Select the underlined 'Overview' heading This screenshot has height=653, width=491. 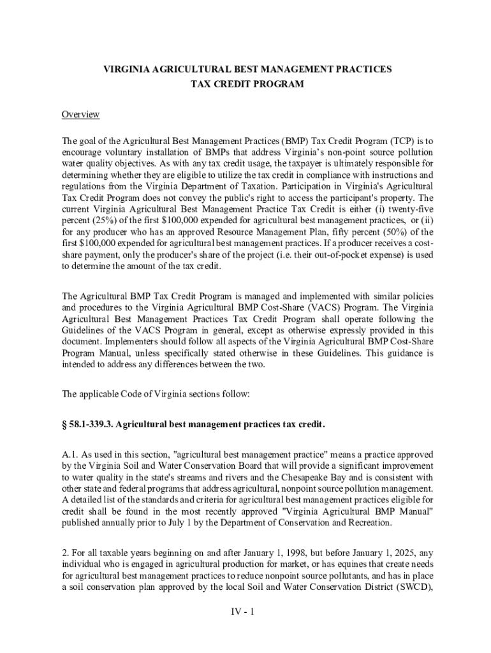click(x=80, y=115)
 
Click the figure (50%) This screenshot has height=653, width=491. click(x=399, y=232)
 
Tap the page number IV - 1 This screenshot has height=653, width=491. click(x=243, y=613)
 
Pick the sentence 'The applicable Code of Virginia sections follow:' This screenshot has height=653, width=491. click(x=156, y=395)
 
